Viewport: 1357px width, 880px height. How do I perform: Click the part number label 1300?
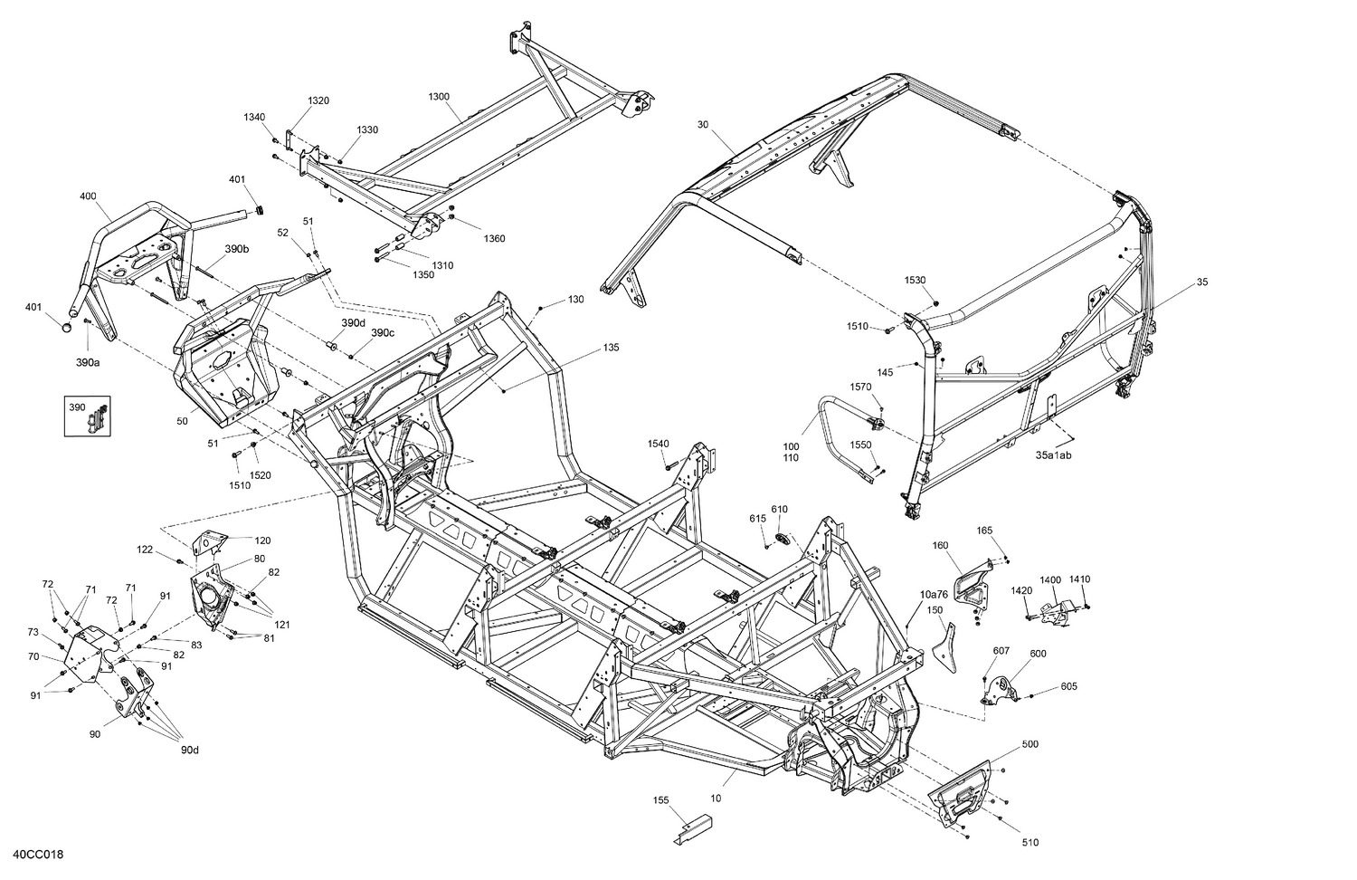coord(439,96)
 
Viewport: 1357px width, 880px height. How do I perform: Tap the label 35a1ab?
coord(1053,455)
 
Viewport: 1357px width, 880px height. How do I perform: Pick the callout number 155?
coord(661,800)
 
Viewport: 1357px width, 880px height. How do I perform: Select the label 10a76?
coord(934,594)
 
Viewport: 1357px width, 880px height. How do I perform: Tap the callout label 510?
coord(1030,843)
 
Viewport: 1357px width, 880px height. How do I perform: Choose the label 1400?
coord(1049,579)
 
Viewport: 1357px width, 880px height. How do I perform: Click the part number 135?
coord(611,347)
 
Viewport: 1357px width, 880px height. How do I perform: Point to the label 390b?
coord(237,249)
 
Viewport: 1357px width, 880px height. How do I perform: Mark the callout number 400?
coord(88,196)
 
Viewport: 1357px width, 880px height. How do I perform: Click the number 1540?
coord(658,443)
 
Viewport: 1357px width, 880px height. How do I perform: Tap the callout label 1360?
coord(494,239)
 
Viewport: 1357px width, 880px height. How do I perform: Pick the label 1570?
coord(860,387)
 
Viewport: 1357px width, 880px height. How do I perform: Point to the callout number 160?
coord(941,545)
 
